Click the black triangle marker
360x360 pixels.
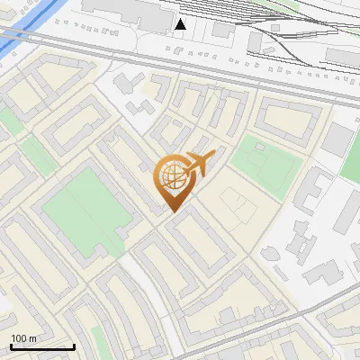click(182, 23)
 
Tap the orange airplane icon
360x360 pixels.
click(199, 164)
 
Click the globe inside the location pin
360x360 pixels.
click(171, 177)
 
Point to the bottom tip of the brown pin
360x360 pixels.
click(172, 211)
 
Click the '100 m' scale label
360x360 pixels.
click(23, 338)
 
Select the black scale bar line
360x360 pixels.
click(42, 346)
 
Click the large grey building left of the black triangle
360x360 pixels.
click(126, 12)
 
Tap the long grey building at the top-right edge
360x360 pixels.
click(342, 56)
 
